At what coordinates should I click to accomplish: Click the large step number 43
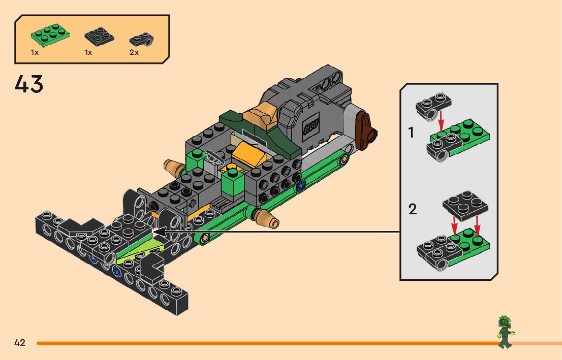click(x=29, y=84)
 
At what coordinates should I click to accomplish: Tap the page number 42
click(x=20, y=343)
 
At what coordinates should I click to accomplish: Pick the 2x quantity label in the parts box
click(x=134, y=52)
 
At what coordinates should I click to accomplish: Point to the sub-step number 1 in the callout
click(x=411, y=133)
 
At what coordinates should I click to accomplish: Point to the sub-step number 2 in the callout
click(x=413, y=209)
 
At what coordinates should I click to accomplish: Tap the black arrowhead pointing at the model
click(x=159, y=233)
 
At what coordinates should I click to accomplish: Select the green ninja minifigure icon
click(x=505, y=331)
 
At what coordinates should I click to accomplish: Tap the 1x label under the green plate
click(x=35, y=52)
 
